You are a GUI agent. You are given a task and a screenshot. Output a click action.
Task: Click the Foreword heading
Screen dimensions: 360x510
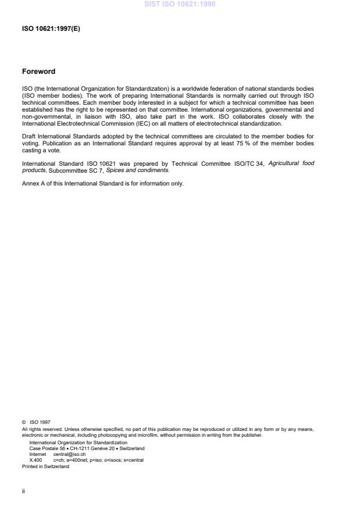pos(38,72)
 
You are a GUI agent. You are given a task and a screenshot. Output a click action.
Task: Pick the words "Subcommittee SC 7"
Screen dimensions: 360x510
pos(71,170)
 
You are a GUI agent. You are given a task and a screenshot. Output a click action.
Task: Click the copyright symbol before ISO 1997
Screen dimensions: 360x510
pos(24,423)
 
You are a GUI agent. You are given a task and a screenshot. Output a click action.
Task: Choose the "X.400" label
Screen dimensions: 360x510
pos(35,460)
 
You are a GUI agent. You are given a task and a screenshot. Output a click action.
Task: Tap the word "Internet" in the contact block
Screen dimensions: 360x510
pos(37,454)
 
